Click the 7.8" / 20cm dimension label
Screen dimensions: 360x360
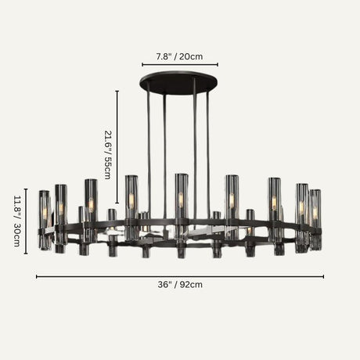[x=179, y=56]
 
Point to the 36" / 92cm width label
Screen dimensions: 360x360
[x=180, y=285]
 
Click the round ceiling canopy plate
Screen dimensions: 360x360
[x=179, y=81]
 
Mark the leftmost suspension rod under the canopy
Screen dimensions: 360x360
[x=148, y=149]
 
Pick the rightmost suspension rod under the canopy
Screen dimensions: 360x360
[x=208, y=149]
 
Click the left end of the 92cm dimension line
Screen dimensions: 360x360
[x=37, y=276]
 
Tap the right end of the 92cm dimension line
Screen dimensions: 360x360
[x=323, y=276]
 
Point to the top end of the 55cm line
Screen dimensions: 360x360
[x=117, y=91]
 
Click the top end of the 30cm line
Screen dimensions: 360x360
[x=26, y=189]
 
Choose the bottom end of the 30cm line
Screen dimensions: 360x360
[x=26, y=254]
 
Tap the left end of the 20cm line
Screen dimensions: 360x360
[x=142, y=65]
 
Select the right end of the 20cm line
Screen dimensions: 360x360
[x=218, y=65]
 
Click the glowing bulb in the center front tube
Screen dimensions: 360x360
[x=181, y=200]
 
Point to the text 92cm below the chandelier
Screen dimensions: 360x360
[x=192, y=285]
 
